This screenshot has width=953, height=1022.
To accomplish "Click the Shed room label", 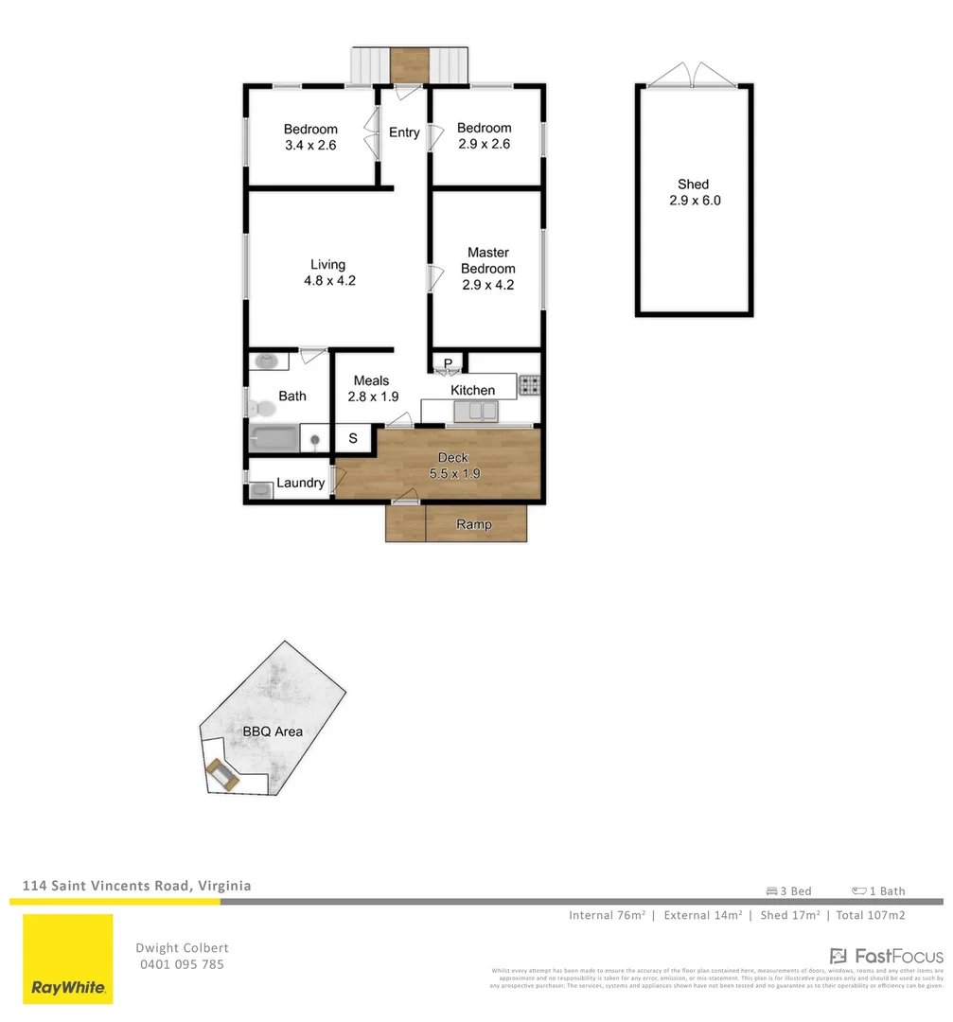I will [693, 192].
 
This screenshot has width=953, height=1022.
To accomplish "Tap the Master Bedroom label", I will [487, 269].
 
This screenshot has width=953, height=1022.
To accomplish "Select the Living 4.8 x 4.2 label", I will [328, 273].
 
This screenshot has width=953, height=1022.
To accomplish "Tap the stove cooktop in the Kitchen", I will [529, 385].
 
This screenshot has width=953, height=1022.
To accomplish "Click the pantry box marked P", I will [448, 363].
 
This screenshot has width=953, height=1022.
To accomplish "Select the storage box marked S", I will [353, 438].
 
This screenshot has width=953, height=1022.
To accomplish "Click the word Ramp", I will [473, 524].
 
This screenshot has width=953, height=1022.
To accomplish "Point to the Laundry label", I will [301, 483].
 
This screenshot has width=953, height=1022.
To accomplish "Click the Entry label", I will [404, 132].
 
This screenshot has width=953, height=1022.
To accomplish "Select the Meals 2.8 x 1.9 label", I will [371, 389].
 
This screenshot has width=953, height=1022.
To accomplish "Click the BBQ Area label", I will [273, 731].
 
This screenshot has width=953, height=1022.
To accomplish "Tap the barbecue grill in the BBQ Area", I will [223, 776].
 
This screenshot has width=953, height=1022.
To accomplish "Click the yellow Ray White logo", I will [68, 959].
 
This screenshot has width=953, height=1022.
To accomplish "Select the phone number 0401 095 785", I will [182, 964].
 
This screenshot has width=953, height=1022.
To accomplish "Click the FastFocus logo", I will [886, 956].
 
